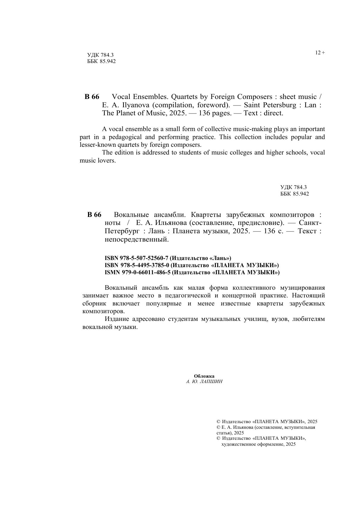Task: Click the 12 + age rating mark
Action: click(x=320, y=53)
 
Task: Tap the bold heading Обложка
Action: click(x=204, y=376)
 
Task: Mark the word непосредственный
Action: click(x=137, y=239)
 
